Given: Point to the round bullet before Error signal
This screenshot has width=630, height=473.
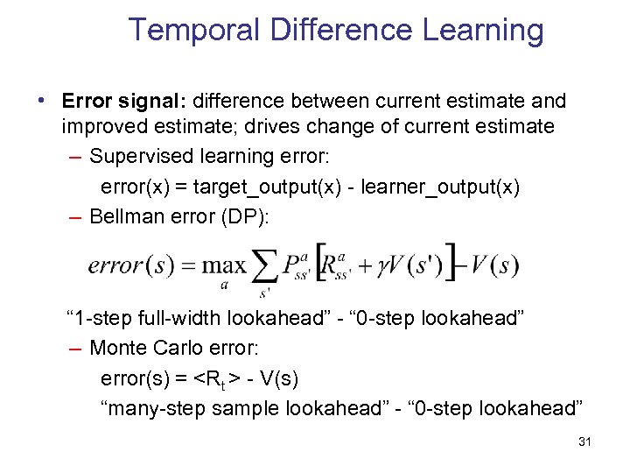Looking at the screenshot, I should point(42,100).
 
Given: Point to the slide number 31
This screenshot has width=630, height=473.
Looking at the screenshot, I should point(585,442).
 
